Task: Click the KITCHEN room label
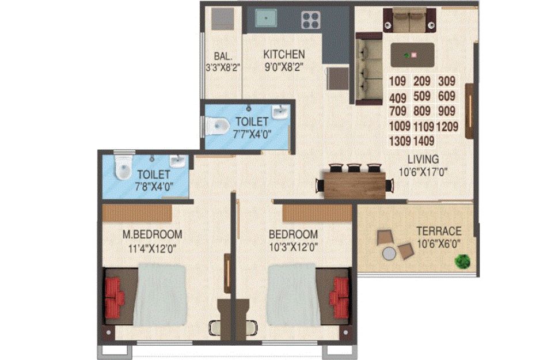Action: pos(284,55)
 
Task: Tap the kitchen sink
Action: pos(265,18)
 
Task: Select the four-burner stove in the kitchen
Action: pos(311,20)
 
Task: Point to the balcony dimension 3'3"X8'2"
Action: pos(223,67)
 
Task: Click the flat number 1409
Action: pos(424,141)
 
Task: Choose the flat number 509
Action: pos(421,96)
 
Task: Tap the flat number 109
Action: pos(397,81)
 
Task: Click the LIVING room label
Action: pos(423,159)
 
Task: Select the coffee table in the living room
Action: pos(413,55)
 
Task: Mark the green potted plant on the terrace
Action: pos(462,261)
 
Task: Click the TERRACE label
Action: pos(439,232)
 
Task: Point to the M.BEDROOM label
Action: pos(152,234)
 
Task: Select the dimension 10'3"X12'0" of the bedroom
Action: pos(294,247)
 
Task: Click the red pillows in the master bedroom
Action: pos(114,298)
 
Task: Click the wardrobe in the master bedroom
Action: pos(137,213)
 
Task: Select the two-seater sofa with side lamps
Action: pos(409,20)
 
